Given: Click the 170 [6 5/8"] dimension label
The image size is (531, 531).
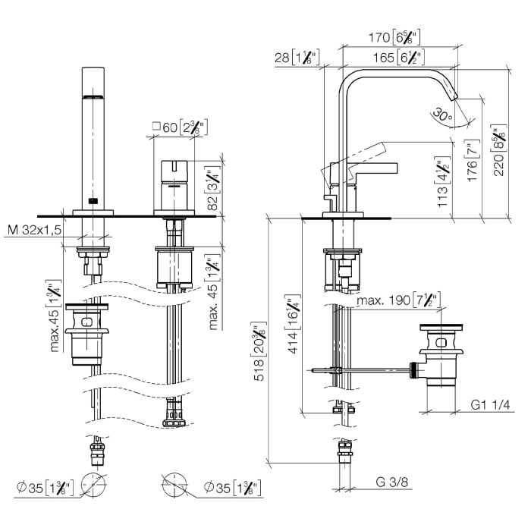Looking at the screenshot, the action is point(394,37).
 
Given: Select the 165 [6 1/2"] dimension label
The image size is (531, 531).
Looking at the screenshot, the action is point(398,57).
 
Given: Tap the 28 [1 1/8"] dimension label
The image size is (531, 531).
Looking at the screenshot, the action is point(297,57).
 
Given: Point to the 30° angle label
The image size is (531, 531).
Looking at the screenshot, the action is point(442,115).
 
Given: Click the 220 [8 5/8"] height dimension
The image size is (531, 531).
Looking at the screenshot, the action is point(498,150).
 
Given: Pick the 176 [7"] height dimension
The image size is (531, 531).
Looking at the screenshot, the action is point(473,160).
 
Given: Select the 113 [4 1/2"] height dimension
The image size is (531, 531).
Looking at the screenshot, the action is point(443,181).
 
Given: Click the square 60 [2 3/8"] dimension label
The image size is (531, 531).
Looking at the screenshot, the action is point(180,127).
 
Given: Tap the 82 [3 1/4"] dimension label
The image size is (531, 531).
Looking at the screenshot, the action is point(212,187).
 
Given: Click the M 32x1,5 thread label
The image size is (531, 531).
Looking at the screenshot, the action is point(35,230).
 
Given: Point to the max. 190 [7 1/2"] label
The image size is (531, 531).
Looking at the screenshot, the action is point(399,300).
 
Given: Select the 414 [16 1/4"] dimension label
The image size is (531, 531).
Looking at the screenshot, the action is point(293,324).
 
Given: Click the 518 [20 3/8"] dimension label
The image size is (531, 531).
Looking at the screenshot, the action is point(260,351).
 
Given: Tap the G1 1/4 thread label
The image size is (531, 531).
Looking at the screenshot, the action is point(490,404).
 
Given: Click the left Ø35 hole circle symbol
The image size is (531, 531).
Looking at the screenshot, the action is point(93,485).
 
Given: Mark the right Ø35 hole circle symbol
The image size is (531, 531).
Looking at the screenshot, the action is point(174,485).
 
